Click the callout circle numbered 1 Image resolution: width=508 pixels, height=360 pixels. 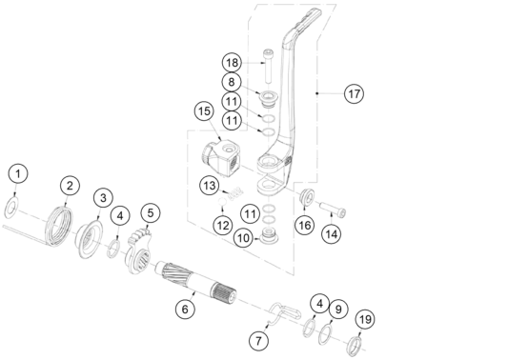point(18,173)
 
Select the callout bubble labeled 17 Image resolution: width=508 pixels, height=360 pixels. point(354,94)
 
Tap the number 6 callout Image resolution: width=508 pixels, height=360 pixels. point(185,309)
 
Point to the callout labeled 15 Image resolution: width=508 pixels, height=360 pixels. point(204,111)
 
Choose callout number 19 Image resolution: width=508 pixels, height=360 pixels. point(365,320)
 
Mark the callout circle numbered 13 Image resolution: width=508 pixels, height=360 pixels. point(210,186)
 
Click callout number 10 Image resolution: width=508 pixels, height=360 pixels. point(244,238)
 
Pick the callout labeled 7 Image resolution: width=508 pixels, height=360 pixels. point(258,341)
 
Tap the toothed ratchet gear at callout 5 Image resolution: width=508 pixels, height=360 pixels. point(138,250)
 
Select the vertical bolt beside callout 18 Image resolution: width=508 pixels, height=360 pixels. point(268,66)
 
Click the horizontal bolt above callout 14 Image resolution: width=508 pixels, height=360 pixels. point(333,210)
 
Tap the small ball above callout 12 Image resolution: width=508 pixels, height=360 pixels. point(222,201)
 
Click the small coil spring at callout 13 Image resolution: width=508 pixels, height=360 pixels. point(235,193)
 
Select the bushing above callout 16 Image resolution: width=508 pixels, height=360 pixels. point(307,195)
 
